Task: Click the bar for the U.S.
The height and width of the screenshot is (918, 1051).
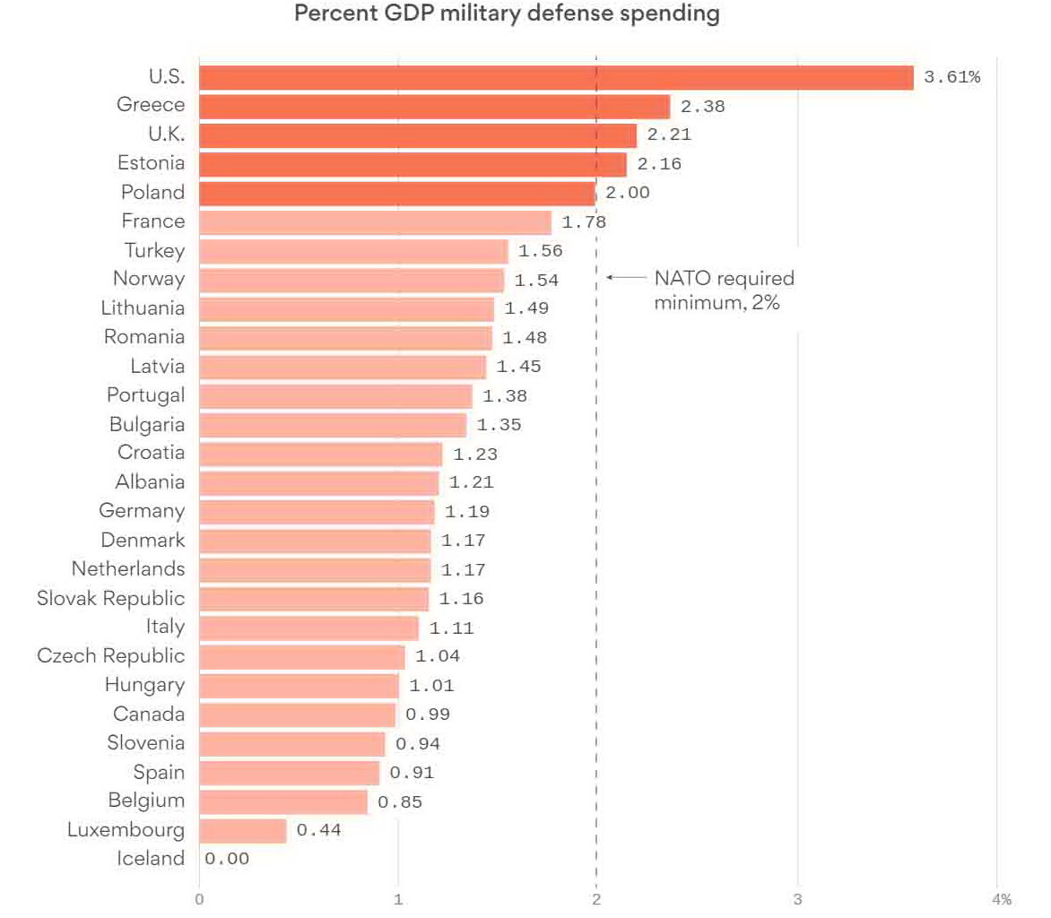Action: [556, 77]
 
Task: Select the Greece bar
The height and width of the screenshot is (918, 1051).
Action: [434, 106]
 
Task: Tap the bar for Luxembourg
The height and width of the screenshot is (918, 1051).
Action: [242, 830]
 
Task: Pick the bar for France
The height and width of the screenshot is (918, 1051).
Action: [375, 222]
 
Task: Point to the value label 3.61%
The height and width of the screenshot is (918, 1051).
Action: [951, 77]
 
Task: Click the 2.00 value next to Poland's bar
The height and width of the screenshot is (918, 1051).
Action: [628, 193]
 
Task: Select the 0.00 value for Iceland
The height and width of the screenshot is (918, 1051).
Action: [227, 859]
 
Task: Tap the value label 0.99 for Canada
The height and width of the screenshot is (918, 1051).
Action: [428, 714]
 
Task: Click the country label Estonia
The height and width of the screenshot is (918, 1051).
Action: [151, 163]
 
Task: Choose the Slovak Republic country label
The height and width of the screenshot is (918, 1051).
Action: [111, 598]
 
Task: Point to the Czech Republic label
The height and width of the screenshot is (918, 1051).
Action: [111, 655]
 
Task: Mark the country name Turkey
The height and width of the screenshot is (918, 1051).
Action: [155, 250]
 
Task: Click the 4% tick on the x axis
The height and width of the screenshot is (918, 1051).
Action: [1001, 899]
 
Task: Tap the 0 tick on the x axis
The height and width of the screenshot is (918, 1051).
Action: [199, 899]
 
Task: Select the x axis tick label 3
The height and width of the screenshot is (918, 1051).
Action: [797, 899]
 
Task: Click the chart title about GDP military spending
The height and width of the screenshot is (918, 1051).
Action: [507, 15]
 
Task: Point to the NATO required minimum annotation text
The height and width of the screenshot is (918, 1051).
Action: [723, 290]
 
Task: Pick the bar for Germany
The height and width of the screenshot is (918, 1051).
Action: [317, 512]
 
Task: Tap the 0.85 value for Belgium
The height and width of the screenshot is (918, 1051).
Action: [400, 801]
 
